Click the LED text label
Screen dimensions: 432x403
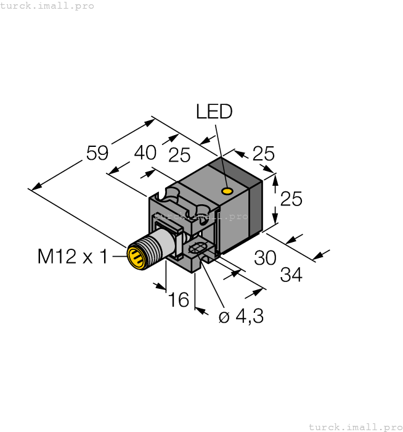point(214,112)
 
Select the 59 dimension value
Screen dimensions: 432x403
point(97,153)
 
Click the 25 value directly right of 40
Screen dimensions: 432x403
point(179,156)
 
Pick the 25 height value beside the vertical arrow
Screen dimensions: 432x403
point(291,199)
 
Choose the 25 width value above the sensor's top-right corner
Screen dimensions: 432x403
point(263,154)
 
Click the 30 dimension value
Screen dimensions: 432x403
point(265,258)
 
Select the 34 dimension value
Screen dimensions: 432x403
point(291,275)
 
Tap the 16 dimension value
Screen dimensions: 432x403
point(178,300)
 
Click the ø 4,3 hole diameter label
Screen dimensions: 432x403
point(241,317)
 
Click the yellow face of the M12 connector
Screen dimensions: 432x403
point(136,257)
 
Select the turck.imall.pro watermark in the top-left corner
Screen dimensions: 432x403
point(47,6)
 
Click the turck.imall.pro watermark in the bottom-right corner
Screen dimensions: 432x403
point(354,426)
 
